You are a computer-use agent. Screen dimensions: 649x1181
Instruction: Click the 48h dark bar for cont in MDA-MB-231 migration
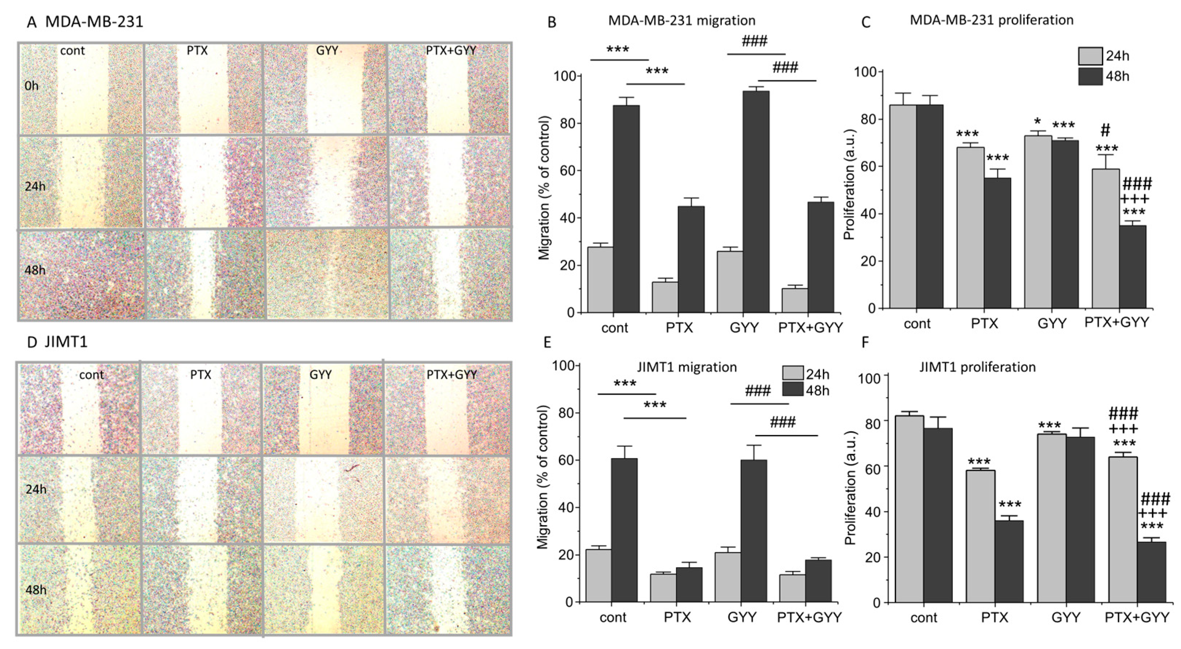[626, 209]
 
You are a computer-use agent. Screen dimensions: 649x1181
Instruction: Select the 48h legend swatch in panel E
[792, 390]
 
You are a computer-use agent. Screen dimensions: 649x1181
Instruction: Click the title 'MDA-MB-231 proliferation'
[991, 20]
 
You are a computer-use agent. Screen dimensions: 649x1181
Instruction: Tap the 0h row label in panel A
[32, 86]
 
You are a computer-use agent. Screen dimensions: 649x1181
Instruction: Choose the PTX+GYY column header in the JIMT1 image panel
[452, 375]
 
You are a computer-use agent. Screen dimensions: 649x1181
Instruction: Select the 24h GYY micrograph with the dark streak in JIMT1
[323, 499]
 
